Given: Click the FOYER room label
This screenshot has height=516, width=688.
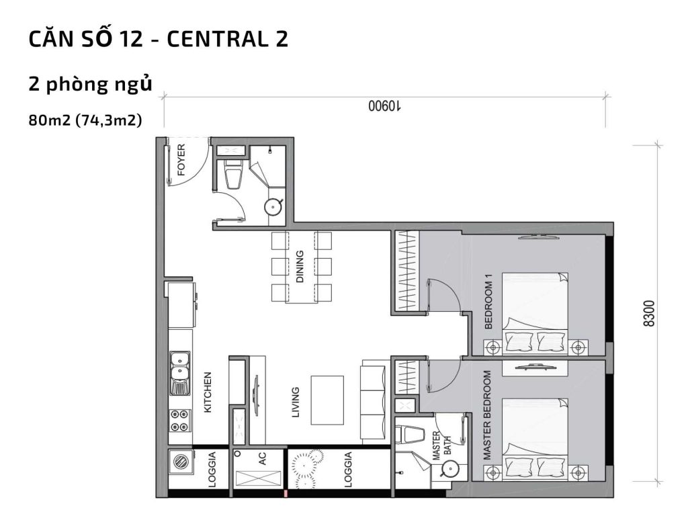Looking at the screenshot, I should tap(181, 160).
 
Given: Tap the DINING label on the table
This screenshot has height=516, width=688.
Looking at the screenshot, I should tap(300, 267).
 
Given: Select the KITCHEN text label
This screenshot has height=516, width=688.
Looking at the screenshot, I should tap(208, 392).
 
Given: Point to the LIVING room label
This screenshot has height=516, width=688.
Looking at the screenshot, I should tap(296, 402).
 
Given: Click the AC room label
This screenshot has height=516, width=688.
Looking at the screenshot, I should tap(263, 459).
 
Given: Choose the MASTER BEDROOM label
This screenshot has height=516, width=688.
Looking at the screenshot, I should tap(487, 415).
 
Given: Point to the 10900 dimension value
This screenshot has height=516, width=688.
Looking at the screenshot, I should tap(384, 106).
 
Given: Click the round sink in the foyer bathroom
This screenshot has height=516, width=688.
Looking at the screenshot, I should tap(273, 206).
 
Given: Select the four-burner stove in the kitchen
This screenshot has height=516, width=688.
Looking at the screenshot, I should tap(179, 420).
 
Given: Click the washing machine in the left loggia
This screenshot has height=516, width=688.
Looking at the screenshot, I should tap(180, 463).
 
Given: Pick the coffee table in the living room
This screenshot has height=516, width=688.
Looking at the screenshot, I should tap(327, 399).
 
